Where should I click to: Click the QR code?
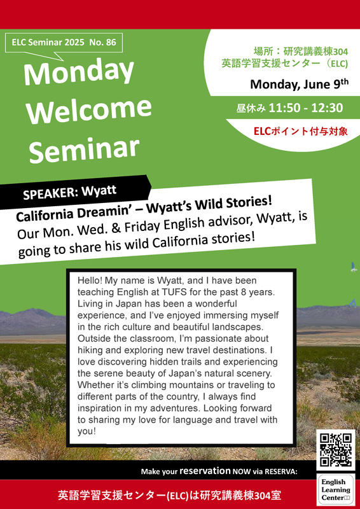[336, 450]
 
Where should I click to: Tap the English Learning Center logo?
[336, 489]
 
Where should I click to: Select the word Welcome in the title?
[89, 109]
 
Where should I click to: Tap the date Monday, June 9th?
[300, 85]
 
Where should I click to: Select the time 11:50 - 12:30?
[306, 108]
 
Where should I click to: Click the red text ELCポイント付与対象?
[301, 132]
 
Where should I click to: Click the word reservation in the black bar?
[205, 470]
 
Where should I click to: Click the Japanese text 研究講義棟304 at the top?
[315, 52]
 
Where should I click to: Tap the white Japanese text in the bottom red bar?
[170, 496]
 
